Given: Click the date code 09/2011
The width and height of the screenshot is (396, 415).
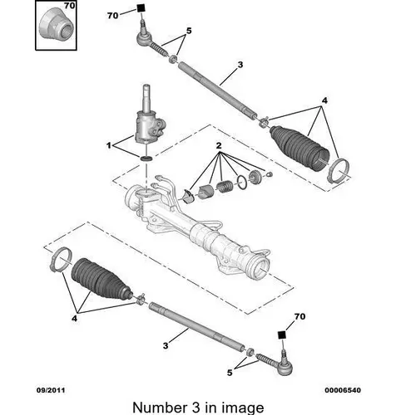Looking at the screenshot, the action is [x=51, y=390].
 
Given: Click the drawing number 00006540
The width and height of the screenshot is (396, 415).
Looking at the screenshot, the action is [x=343, y=390].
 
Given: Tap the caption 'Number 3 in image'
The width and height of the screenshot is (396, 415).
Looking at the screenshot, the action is [x=198, y=408].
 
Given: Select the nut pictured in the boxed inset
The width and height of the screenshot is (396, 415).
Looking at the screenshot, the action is [x=56, y=26].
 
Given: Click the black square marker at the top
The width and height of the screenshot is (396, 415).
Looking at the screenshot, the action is [x=141, y=8].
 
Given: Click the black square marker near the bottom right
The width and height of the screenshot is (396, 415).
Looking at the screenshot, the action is [x=282, y=334].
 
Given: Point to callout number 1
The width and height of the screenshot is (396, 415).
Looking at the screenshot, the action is [x=109, y=145].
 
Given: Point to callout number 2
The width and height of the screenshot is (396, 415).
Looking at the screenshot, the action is [x=219, y=145].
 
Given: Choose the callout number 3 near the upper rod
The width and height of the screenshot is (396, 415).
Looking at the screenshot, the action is [x=240, y=65].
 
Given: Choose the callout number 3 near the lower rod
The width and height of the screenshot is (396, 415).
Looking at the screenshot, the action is [x=166, y=345].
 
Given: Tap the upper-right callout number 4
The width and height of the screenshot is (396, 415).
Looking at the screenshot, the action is [x=324, y=100].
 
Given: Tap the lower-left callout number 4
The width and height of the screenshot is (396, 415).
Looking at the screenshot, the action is [x=74, y=319].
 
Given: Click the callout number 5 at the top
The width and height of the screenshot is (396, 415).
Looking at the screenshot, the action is [x=189, y=31].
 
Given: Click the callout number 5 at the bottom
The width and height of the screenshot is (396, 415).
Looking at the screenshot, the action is [x=230, y=373].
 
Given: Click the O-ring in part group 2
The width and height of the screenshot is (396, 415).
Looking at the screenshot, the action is [x=242, y=183].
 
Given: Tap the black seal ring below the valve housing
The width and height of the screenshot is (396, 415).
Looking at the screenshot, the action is [x=146, y=159].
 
